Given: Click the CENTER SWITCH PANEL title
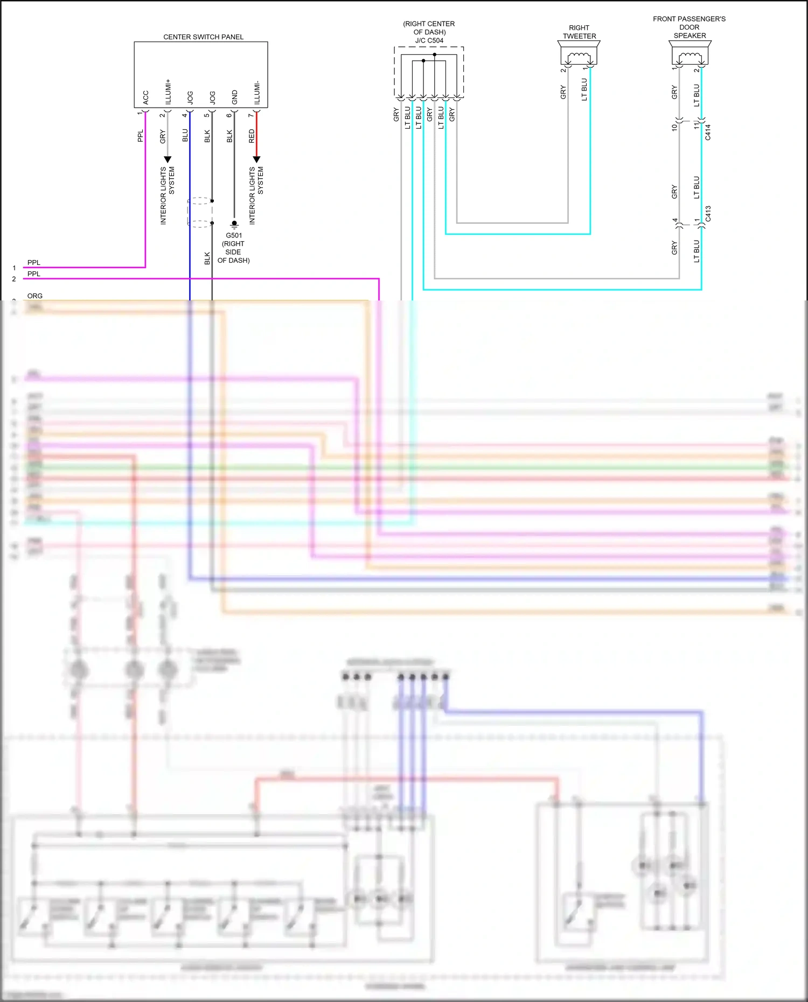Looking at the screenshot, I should click(203, 37).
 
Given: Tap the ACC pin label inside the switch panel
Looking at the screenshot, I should click(145, 97).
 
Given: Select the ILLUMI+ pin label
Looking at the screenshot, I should click(168, 92).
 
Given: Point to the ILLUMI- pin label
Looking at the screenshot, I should click(257, 93).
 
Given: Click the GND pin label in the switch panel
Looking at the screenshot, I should click(234, 97).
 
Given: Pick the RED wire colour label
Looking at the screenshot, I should click(252, 136).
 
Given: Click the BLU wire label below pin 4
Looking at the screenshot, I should click(185, 135).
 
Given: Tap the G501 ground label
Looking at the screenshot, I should click(234, 235).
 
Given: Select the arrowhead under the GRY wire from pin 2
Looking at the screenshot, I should click(168, 159).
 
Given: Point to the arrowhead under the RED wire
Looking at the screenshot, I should click(256, 159).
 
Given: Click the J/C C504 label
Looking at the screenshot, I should click(429, 40).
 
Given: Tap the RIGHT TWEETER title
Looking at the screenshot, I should click(579, 32).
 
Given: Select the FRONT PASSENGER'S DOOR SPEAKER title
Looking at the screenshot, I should click(689, 27).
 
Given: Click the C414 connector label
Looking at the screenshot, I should click(708, 132).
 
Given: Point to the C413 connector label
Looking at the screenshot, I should click(708, 213).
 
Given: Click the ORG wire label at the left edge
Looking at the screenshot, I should click(34, 296).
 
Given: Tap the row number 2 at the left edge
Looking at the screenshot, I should click(14, 279).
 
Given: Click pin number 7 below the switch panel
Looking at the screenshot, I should click(250, 115).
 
